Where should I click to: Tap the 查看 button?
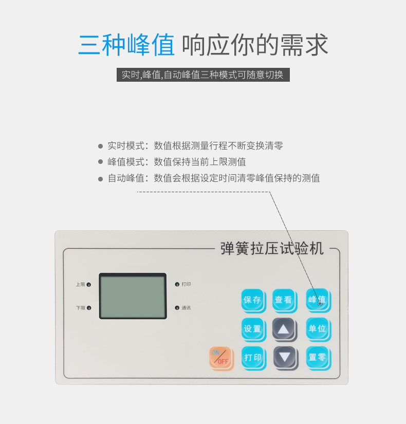285,301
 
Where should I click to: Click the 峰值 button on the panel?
318,300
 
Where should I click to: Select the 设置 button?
253,329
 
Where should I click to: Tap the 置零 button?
318,358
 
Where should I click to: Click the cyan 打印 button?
253,358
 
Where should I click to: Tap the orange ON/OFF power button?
222,358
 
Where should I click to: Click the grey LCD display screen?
133,296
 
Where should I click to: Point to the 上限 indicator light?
89,285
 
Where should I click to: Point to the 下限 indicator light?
89,308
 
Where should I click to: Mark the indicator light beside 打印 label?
177,284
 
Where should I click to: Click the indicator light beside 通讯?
177,308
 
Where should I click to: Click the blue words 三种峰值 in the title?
126,45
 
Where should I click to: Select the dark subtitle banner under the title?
203,75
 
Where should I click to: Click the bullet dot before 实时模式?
100,146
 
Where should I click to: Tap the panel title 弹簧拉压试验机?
272,249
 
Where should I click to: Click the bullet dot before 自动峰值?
100,179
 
